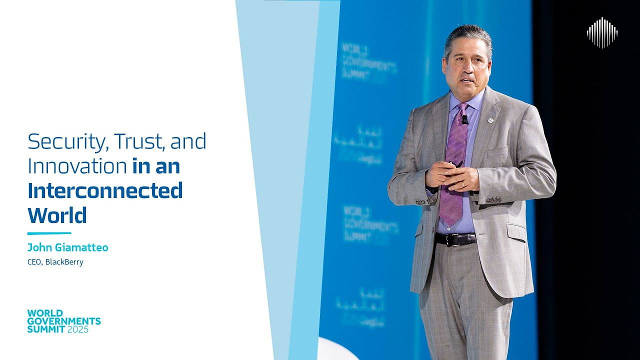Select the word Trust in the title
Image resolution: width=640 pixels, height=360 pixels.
coord(139,142)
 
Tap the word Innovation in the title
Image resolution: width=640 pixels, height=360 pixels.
coord(77,166)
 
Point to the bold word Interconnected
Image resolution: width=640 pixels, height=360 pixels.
coord(105,190)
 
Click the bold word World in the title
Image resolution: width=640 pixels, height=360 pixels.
coord(57,215)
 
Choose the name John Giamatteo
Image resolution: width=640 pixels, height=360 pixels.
coord(67,247)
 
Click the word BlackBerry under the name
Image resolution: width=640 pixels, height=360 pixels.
coord(64,262)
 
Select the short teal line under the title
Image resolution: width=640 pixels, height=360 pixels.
coord(49,233)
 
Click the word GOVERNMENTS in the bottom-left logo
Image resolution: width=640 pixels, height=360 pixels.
coord(64,321)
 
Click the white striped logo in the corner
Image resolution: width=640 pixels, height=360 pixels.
coord(602,32)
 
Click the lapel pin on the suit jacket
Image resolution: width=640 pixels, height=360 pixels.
coord(491,120)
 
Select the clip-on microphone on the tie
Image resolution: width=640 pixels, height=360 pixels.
coord(464,119)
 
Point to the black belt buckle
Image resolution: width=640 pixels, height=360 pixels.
coord(455,239)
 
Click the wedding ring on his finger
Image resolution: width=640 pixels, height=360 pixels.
coord(463,184)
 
